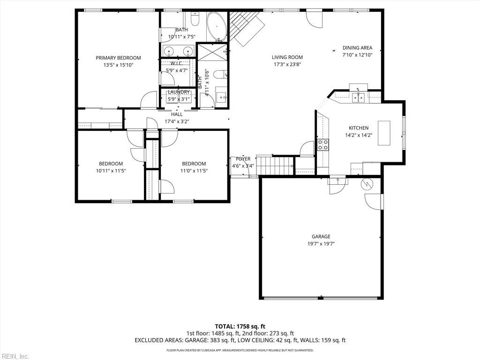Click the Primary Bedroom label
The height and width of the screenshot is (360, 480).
pos(118,58)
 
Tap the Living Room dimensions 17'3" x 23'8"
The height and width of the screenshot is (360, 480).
pos(287,65)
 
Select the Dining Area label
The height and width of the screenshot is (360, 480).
pos(357,48)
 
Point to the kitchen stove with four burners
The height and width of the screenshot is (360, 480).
pos(323,145)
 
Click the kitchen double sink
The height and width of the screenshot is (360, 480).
pos(359,97)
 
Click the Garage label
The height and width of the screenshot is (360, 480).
pos(321,237)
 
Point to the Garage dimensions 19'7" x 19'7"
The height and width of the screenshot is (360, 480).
pos(321,244)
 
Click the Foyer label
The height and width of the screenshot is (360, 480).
pos(243,159)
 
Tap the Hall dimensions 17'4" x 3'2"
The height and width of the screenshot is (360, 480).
pos(177,121)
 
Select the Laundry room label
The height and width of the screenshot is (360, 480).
pos(179,92)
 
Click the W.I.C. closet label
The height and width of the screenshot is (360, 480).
pos(177,63)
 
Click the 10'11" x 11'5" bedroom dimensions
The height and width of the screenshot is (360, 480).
pos(111,171)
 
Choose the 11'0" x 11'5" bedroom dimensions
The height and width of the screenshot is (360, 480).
pos(194,171)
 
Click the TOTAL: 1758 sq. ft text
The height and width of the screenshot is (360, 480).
pos(240,326)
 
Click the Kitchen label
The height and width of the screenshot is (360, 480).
pos(359,128)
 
